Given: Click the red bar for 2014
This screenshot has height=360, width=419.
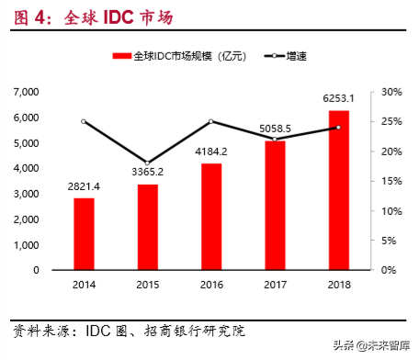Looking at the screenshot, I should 84,234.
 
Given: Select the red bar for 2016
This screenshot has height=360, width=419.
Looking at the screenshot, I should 212,217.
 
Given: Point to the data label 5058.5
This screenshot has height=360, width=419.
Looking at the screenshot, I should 276,129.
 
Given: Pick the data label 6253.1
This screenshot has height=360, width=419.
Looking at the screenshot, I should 339,97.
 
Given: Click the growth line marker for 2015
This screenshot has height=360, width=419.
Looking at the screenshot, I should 148,163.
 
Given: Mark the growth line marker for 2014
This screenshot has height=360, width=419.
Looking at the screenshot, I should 84,121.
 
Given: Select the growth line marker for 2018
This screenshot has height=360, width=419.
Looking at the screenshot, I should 339,127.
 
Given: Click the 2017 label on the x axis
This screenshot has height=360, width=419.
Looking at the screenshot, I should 276,285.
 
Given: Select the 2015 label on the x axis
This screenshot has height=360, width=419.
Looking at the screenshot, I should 148,285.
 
